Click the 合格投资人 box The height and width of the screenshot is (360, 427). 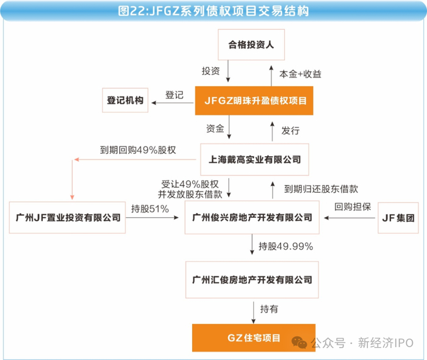251,45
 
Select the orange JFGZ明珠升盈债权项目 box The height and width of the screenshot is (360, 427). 254,101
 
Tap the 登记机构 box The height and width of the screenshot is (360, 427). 125,100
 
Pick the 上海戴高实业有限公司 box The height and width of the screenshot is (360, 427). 254,159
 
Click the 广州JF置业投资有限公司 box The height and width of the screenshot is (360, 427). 67,218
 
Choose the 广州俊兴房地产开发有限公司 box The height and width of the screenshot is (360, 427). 252,217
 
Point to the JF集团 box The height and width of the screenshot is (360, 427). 398,218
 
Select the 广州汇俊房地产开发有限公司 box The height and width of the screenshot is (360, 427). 252,279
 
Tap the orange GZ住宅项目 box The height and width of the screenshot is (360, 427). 254,338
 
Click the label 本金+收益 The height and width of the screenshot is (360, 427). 300,74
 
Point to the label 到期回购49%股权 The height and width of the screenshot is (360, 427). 138,150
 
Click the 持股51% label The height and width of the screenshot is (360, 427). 150,209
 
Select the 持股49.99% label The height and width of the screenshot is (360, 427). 285,247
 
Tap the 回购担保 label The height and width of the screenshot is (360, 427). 353,207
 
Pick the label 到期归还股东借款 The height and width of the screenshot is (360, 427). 321,189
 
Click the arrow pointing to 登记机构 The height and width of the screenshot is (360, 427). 173,103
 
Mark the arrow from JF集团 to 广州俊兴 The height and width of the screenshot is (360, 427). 350,218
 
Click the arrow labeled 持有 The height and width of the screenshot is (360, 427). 254,312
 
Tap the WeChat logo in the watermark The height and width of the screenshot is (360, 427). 299,342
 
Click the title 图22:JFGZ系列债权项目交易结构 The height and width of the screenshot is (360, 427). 213,11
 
